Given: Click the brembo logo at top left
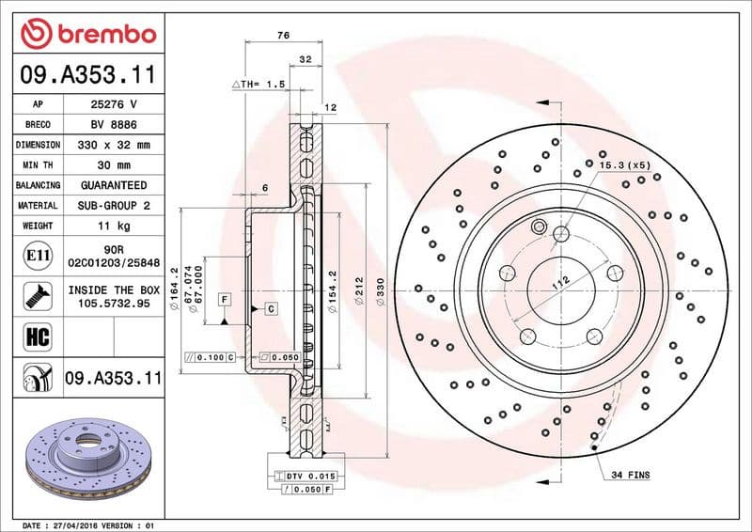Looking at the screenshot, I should pyautogui.click(x=86, y=35).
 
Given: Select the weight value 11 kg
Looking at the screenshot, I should pyautogui.click(x=113, y=226).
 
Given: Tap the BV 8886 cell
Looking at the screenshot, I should pyautogui.click(x=113, y=124).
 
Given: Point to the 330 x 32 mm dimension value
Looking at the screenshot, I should pyautogui.click(x=113, y=145).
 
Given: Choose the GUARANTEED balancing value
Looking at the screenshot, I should pyautogui.click(x=113, y=185).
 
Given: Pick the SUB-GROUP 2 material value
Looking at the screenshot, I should pyautogui.click(x=113, y=205).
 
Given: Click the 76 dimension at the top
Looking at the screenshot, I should pyautogui.click(x=283, y=35).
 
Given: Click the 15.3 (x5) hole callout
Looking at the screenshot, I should pyautogui.click(x=624, y=165).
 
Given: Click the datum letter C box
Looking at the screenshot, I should pyautogui.click(x=270, y=308).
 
